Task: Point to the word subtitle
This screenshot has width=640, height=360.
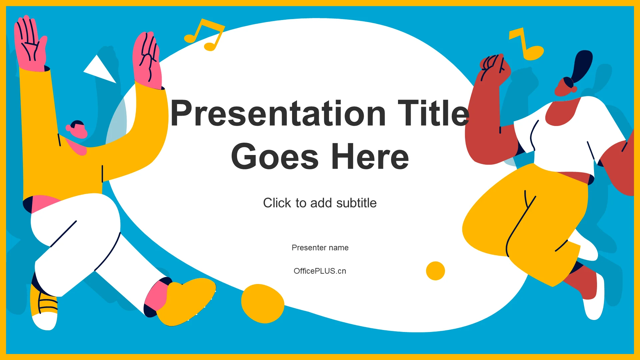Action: tap(356, 203)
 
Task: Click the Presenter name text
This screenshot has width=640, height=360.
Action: tap(320, 248)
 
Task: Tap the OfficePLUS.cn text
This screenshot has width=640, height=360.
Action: tap(320, 271)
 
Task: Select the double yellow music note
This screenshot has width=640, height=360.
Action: tap(204, 35)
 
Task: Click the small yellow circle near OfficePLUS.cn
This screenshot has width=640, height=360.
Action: tap(435, 271)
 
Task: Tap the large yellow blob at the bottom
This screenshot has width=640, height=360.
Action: tap(263, 304)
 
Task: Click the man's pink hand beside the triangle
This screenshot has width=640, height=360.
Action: tap(147, 60)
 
